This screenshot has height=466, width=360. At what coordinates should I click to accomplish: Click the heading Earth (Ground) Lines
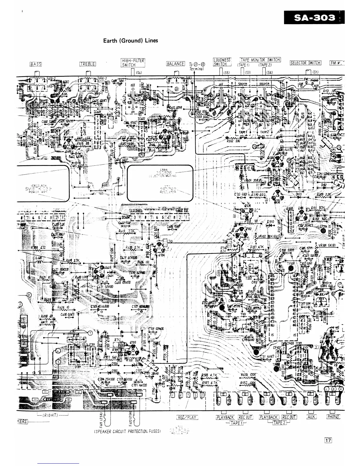coord(131,41)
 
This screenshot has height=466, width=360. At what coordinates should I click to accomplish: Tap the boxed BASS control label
coord(36,64)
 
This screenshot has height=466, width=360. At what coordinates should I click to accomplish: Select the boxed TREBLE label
coord(88,64)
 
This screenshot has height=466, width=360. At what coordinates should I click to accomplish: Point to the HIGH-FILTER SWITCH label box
coord(133,63)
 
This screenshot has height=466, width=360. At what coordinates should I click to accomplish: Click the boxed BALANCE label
coord(175,64)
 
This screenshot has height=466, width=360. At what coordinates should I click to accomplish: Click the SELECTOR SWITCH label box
coord(306,63)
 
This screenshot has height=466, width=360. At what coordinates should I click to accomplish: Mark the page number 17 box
coord(328,440)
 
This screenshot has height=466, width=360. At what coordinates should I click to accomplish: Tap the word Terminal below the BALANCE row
coord(197,69)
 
